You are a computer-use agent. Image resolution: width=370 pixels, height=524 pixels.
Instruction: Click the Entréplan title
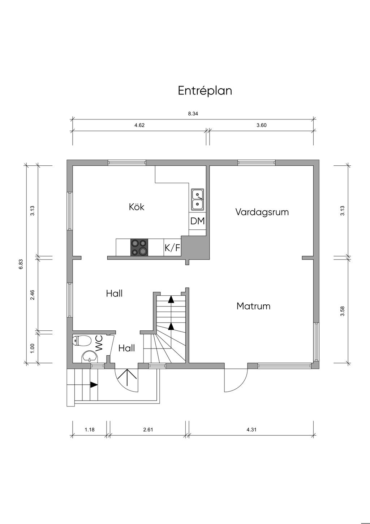pyautogui.click(x=205, y=91)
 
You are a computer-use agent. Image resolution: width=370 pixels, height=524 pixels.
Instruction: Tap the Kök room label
pyautogui.click(x=137, y=207)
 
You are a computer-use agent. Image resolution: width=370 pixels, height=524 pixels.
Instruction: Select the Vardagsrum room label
pyautogui.click(x=262, y=212)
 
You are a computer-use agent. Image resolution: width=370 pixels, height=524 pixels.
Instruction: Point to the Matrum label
pyautogui.click(x=253, y=306)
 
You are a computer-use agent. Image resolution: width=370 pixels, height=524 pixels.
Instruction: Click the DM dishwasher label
pyautogui.click(x=197, y=221)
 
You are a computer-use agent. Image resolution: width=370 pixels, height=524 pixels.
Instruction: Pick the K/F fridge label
pyautogui.click(x=172, y=248)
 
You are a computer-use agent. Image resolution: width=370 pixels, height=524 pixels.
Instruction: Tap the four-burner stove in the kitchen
pyautogui.click(x=139, y=247)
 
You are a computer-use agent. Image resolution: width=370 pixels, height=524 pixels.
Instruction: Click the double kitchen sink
pyautogui.click(x=198, y=199)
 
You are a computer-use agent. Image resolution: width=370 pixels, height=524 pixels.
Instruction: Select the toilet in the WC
pyautogui.click(x=82, y=341)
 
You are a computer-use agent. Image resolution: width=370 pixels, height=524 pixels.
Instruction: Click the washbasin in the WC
pyautogui.click(x=90, y=357)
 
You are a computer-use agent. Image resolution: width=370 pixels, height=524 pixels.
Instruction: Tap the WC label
pyautogui.click(x=99, y=343)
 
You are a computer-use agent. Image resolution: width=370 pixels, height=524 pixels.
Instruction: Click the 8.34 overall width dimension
pyautogui.click(x=193, y=114)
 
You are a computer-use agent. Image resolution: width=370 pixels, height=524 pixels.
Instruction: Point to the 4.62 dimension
pyautogui.click(x=139, y=125)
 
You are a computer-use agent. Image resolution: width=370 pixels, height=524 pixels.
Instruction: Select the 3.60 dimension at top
pyautogui.click(x=261, y=125)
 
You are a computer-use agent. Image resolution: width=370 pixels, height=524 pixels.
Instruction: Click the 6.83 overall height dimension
pyautogui.click(x=21, y=264)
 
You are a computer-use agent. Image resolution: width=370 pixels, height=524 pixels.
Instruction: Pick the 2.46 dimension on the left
pyautogui.click(x=33, y=295)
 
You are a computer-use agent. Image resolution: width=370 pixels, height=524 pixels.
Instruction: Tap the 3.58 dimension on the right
pyautogui.click(x=343, y=311)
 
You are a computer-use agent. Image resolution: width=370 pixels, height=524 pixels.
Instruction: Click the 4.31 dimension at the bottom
pyautogui.click(x=251, y=430)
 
